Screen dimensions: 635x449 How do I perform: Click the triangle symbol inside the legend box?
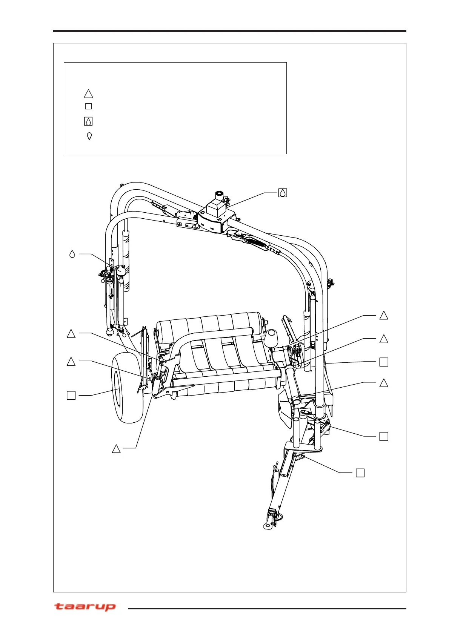pos(88,94)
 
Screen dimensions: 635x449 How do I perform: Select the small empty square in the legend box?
pos(88,106)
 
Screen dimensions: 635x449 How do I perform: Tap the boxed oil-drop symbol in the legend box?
pos(88,121)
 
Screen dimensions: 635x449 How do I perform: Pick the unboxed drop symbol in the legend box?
pos(89,136)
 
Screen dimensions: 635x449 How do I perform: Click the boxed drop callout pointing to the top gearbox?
pos(282,193)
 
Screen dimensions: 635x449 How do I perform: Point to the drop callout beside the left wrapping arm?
pos(72,254)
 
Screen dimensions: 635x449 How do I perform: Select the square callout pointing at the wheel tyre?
pos(71,395)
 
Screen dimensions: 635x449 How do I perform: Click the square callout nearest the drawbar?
pos(360,472)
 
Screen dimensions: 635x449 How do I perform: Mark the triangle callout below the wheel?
pos(116,449)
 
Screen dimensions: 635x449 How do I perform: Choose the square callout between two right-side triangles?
pos(383,362)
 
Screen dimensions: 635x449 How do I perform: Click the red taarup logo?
pos(85,607)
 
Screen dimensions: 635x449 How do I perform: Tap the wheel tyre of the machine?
pos(128,388)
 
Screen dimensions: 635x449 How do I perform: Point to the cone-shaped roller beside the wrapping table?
pos(272,339)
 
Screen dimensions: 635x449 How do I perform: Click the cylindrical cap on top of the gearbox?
pos(218,196)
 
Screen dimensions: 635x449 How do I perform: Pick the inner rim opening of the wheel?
pos(118,388)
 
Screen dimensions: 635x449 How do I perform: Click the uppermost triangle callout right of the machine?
pos(383,316)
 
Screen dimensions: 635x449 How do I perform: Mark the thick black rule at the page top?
pos(229,31)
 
